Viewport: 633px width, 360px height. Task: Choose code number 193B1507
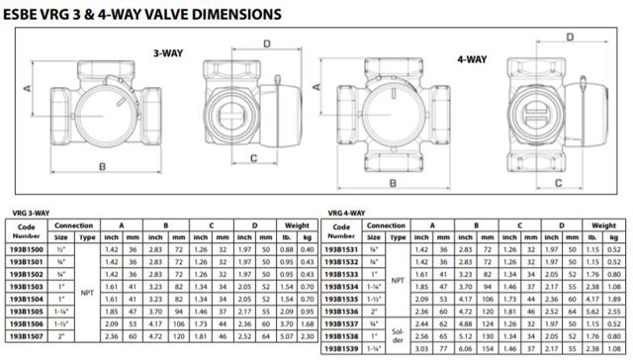click(x=27, y=336)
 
